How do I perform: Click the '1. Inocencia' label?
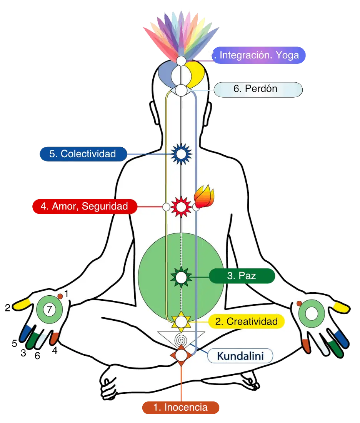tap(180, 407)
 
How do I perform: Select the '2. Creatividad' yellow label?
tap(247, 321)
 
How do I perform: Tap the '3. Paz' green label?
tap(242, 276)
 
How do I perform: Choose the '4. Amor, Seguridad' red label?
tap(85, 207)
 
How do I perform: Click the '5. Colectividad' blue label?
tap(83, 154)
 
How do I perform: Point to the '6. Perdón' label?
tap(258, 89)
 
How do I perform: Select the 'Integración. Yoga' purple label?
tap(259, 55)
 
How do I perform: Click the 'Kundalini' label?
tap(240, 356)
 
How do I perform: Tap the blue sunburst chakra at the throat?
tap(181, 154)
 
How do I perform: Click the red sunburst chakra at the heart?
tap(181, 207)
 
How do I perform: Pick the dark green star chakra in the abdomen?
tap(181, 277)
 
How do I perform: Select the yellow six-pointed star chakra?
tap(181, 321)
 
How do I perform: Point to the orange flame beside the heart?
tap(204, 196)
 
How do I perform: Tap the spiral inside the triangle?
tap(181, 341)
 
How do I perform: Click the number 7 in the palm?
tap(49, 309)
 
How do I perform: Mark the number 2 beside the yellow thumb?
tap(8, 308)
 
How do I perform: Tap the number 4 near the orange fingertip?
tap(55, 350)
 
